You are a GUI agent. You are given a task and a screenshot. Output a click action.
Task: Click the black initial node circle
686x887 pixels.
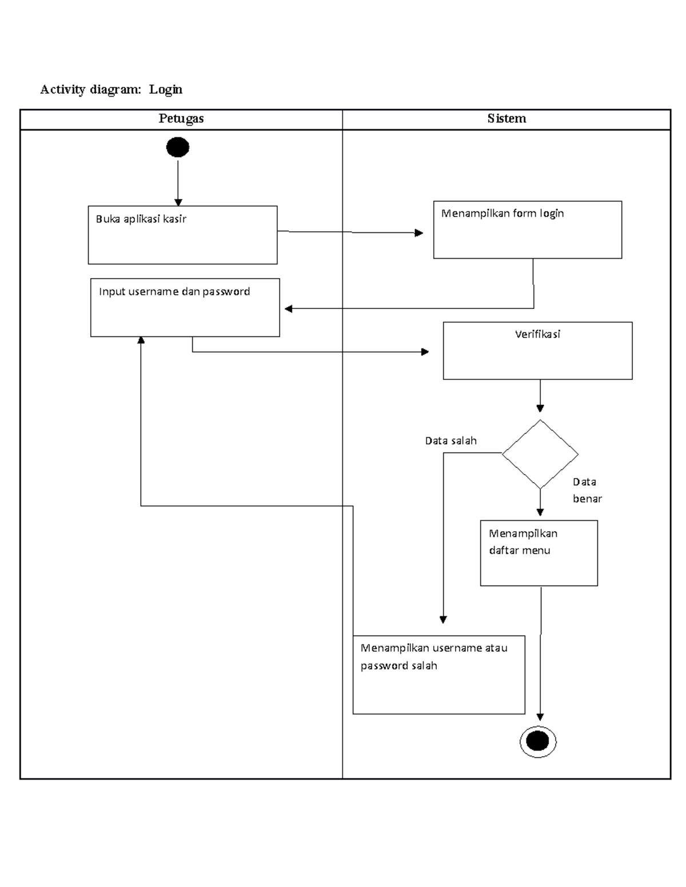[x=177, y=147]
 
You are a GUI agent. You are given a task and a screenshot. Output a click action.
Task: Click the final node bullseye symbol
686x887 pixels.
[x=537, y=741]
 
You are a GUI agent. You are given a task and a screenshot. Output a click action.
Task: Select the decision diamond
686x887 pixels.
[x=540, y=455]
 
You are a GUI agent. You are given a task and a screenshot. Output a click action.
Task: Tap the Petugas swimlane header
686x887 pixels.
[x=181, y=119]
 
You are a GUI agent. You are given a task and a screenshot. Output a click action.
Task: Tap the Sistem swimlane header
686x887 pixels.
[x=506, y=119]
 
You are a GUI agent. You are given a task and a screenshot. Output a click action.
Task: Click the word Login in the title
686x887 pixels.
[x=166, y=89]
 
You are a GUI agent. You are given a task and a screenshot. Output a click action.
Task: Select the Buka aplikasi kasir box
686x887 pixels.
[x=182, y=235]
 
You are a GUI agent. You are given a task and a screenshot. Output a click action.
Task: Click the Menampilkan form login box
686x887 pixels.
[x=527, y=230]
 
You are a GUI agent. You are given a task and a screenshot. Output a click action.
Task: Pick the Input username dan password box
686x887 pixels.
[x=185, y=307]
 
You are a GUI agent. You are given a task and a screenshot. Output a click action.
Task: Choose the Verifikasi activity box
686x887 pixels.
[x=537, y=350]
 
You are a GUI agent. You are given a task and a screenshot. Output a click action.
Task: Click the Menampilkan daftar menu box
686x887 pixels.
[x=539, y=553]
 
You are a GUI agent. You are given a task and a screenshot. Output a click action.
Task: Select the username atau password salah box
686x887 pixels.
[x=438, y=675]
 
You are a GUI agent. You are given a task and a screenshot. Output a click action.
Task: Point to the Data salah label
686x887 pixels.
[x=450, y=441]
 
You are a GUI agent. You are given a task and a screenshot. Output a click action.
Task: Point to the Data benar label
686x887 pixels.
[x=587, y=490]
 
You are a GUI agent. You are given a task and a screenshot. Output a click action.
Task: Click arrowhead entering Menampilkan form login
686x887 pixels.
[x=419, y=233]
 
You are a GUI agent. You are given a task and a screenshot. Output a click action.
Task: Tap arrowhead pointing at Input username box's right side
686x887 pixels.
[x=289, y=309]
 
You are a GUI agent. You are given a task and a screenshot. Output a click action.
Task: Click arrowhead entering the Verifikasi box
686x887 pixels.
[x=425, y=352]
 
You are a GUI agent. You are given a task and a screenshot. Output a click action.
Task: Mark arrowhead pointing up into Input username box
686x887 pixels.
[x=141, y=340]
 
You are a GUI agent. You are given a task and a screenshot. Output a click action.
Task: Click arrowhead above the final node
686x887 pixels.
[x=540, y=717]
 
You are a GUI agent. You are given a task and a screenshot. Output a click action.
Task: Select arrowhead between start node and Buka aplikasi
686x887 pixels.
[x=178, y=202]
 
